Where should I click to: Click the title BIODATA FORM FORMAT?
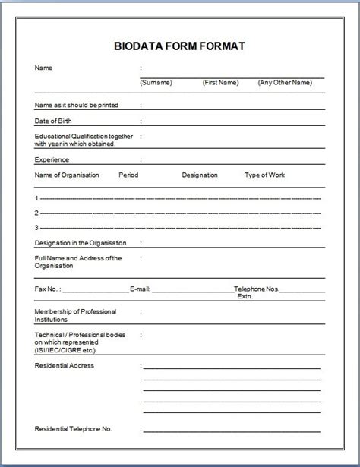click(180, 46)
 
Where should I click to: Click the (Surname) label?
click(156, 82)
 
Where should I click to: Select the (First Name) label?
click(220, 82)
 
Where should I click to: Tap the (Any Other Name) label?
click(285, 82)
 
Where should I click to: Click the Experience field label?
click(52, 159)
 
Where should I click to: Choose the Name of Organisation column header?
click(67, 175)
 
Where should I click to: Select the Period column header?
click(128, 175)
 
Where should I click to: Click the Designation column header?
click(200, 175)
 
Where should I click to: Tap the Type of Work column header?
click(264, 175)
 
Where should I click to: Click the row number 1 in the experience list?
click(36, 198)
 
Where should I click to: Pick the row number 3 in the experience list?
click(36, 227)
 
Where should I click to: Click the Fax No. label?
click(48, 289)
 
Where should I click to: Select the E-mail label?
click(141, 289)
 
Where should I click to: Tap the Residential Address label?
click(65, 365)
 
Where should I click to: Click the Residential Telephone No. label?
click(74, 429)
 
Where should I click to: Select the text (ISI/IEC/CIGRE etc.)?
click(66, 349)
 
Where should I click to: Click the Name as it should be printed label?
click(77, 105)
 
